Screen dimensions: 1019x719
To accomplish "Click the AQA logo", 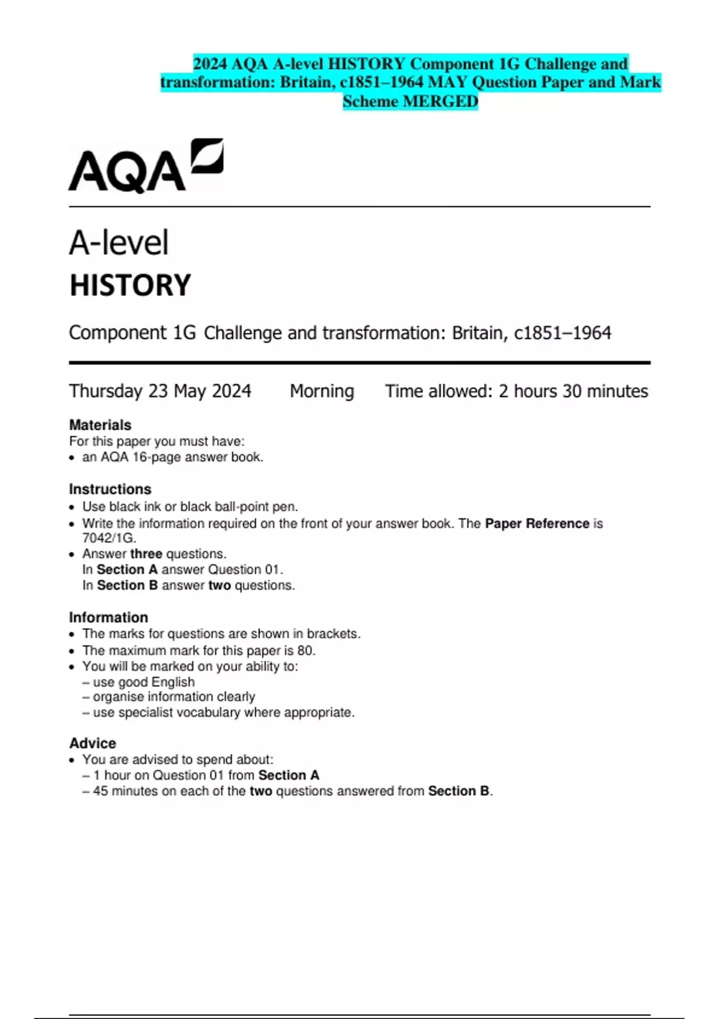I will tap(146, 166).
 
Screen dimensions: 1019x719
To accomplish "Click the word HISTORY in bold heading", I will tap(130, 285).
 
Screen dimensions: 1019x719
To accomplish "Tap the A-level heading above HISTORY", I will tap(119, 243).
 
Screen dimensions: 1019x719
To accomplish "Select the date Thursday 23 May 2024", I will tap(160, 391).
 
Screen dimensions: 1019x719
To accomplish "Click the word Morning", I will tap(322, 391).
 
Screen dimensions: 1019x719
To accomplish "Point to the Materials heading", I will tap(100, 425).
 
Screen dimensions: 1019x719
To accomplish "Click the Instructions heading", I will tap(110, 489).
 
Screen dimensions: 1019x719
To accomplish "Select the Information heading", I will tap(108, 617).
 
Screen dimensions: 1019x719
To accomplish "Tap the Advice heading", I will tap(93, 743).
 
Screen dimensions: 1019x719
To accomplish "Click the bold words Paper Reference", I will tap(537, 523).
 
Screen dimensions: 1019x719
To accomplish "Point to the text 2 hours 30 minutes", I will tap(573, 391).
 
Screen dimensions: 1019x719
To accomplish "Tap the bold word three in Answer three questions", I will tap(146, 554).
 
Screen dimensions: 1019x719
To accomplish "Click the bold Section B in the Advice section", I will tap(458, 791).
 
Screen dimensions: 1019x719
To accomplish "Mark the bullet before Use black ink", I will tap(72, 507).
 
